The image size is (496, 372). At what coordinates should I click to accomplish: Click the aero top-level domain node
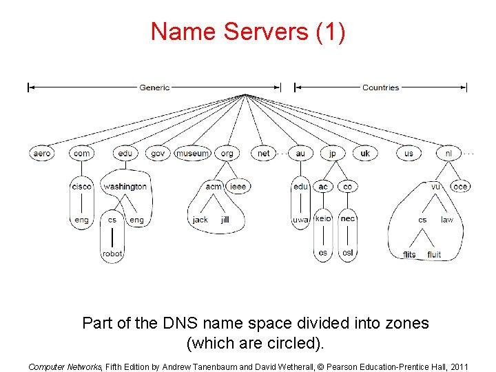click(x=41, y=153)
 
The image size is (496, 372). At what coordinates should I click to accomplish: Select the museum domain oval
click(x=192, y=153)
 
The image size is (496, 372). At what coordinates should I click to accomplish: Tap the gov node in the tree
click(x=158, y=153)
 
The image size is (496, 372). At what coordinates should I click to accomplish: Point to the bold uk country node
click(x=365, y=153)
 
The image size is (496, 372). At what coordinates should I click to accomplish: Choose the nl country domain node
click(x=448, y=153)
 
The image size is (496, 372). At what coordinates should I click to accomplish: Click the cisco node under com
click(x=81, y=186)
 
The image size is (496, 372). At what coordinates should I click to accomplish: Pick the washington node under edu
click(x=125, y=186)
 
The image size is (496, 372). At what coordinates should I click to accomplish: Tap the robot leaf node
click(x=112, y=254)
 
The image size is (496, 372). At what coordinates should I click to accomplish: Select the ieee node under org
click(x=237, y=186)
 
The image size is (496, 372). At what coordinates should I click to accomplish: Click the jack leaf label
click(x=200, y=220)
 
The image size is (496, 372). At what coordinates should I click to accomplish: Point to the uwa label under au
click(x=300, y=220)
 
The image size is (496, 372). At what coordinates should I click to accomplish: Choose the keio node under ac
click(x=323, y=218)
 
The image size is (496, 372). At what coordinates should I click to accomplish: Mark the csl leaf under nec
click(x=348, y=252)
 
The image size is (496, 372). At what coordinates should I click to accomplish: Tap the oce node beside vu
click(x=459, y=186)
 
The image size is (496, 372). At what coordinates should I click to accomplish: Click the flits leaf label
click(x=409, y=255)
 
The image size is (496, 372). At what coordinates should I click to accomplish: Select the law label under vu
click(x=447, y=220)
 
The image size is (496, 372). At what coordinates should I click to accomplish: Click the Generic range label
click(x=154, y=87)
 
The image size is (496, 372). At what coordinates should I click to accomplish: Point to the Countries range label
click(x=380, y=87)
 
